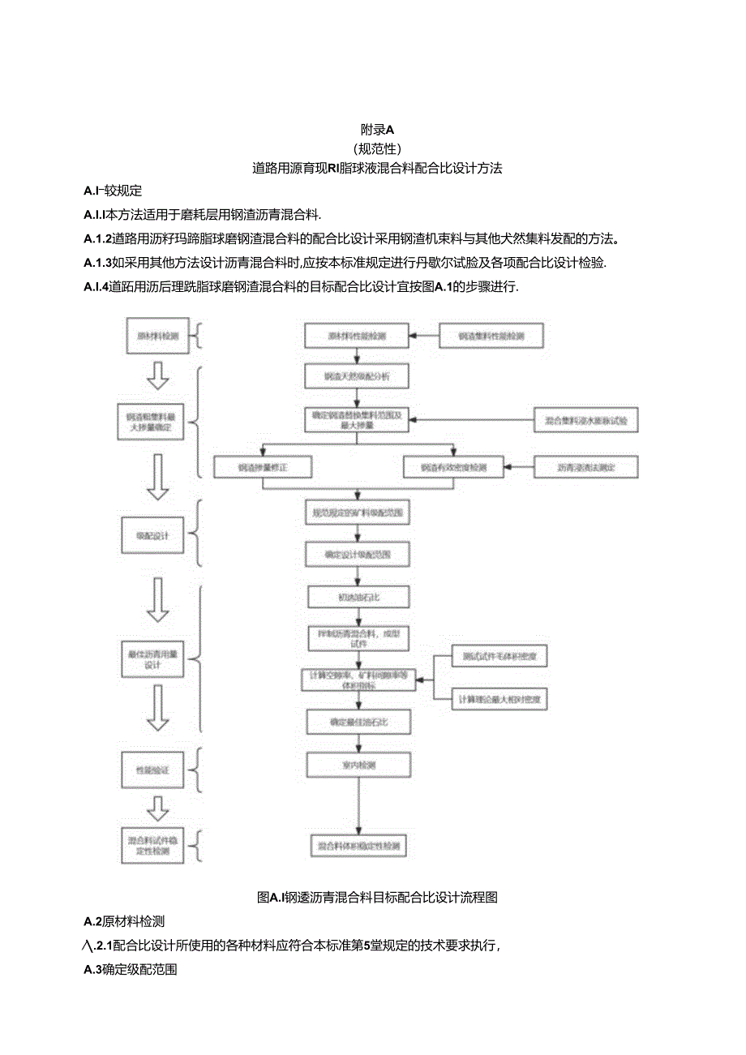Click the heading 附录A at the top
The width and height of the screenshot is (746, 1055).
tap(376, 128)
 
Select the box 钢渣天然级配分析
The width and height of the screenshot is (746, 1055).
tap(357, 377)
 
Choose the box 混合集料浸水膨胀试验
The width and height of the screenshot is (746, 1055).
tap(586, 420)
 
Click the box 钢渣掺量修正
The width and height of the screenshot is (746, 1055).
tap(263, 468)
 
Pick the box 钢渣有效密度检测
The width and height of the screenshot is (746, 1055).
tap(453, 468)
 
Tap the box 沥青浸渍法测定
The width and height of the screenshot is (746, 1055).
tap(586, 468)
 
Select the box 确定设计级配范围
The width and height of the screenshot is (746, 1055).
tap(357, 555)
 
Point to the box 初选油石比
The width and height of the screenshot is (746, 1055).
tap(357, 597)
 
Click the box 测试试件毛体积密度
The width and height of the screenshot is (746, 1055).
tap(499, 656)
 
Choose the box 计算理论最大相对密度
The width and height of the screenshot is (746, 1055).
tap(499, 698)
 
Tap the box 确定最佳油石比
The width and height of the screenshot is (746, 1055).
tap(357, 721)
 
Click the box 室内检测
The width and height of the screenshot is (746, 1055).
tap(357, 764)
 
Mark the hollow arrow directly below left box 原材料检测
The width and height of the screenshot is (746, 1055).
tap(159, 375)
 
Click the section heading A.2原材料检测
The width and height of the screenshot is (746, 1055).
tap(124, 921)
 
